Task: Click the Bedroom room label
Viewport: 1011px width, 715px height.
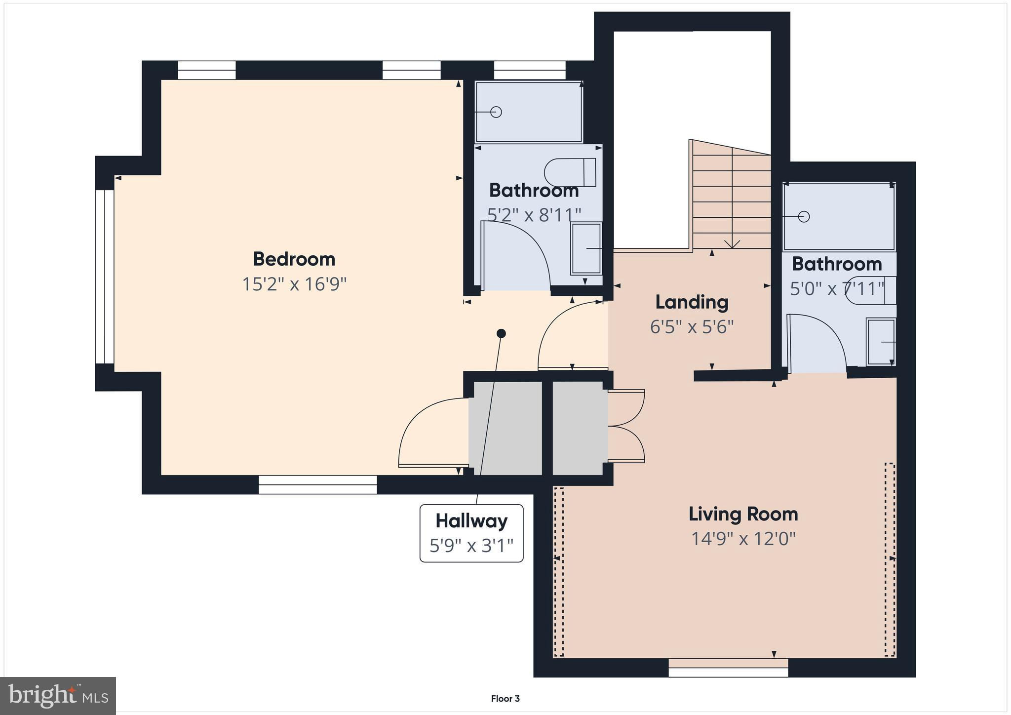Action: pos(294,259)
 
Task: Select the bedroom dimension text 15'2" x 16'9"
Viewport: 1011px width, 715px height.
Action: pos(294,284)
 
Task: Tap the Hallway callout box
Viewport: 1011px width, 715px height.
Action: pos(471,533)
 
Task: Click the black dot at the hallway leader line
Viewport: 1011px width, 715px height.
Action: pos(501,333)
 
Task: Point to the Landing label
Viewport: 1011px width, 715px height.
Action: pos(692,302)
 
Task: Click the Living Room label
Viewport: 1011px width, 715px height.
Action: pos(743,514)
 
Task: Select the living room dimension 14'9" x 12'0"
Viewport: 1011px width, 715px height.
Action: pos(743,539)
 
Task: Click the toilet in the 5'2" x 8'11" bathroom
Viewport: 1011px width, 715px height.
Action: pos(570,172)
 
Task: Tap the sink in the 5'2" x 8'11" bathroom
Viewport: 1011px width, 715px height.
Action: pos(586,248)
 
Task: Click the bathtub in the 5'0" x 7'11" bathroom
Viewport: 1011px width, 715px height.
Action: pos(839,216)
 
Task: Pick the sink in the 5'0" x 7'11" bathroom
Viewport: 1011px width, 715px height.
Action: pos(881,342)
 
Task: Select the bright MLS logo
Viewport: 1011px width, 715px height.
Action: pos(58,696)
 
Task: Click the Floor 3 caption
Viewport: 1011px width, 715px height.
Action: pos(505,699)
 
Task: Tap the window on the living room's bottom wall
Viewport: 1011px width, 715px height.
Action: pos(728,668)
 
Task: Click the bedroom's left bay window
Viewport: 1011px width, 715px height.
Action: pos(105,277)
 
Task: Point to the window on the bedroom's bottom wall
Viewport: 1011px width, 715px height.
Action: pos(318,484)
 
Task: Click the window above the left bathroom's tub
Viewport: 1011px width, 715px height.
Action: pos(530,70)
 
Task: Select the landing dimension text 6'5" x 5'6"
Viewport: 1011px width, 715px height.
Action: pos(692,327)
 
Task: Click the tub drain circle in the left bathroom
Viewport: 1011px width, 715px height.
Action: pos(496,112)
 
